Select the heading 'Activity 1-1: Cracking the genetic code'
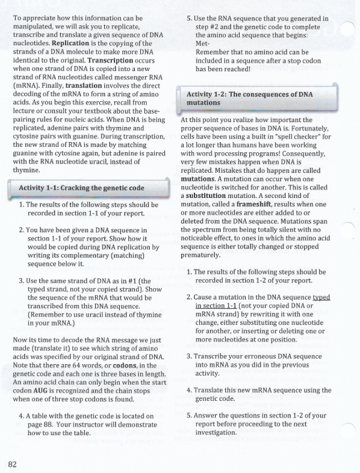pos(81,188)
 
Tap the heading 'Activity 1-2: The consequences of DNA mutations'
pos(250,98)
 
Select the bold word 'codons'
pos(122,366)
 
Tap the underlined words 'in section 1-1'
pos(218,306)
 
